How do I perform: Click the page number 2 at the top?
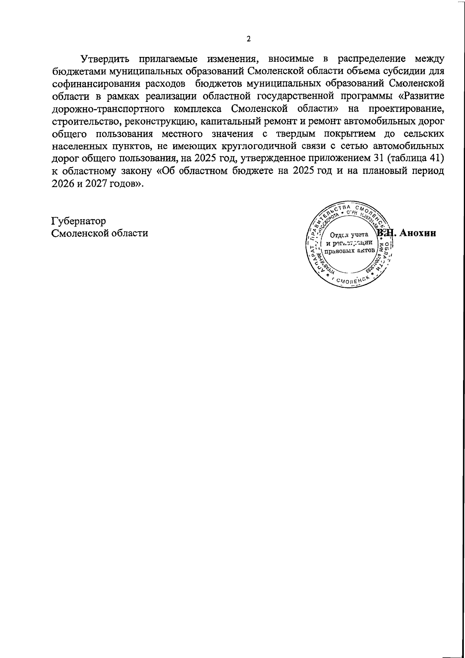pyautogui.click(x=248, y=39)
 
